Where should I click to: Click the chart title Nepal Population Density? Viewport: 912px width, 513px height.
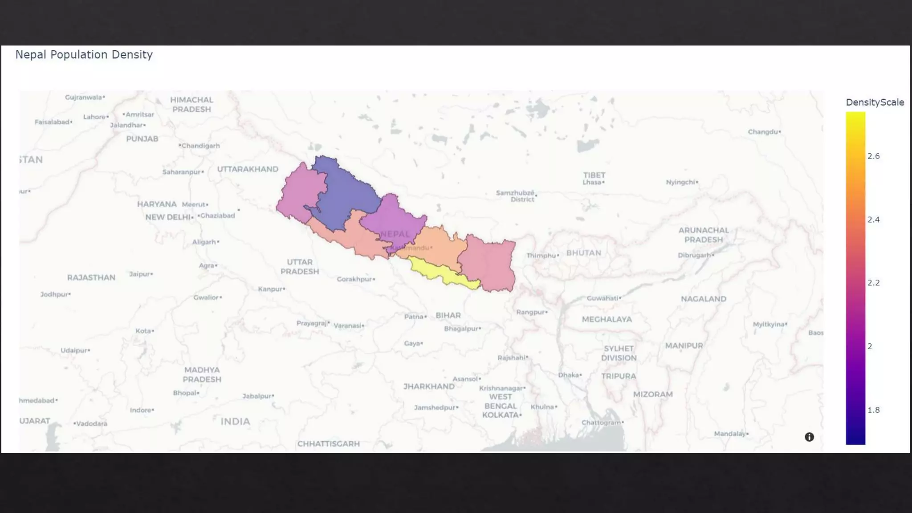[x=84, y=55]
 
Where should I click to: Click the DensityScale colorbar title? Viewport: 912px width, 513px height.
[x=875, y=102]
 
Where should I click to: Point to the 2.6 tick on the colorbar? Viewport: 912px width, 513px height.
[x=873, y=156]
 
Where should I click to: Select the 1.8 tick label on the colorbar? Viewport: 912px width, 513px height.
[x=873, y=410]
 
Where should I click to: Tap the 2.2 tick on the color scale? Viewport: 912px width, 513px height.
[x=873, y=283]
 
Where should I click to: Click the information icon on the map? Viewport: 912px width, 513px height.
[x=809, y=437]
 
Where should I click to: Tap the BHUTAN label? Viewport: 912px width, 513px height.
[x=583, y=253]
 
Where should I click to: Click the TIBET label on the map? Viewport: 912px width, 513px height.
[x=594, y=175]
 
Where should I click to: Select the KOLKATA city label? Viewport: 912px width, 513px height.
[x=501, y=415]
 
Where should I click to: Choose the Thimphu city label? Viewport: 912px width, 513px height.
[x=541, y=256]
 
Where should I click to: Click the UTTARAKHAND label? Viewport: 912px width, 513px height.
[x=248, y=169]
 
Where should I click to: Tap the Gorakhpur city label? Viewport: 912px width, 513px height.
[x=354, y=279]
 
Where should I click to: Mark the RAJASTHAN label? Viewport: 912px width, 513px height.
[x=91, y=278]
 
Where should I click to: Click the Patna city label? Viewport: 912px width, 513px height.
[x=414, y=317]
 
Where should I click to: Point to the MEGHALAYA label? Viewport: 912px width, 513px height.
[x=607, y=319]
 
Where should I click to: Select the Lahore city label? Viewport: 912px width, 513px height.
[x=94, y=117]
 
